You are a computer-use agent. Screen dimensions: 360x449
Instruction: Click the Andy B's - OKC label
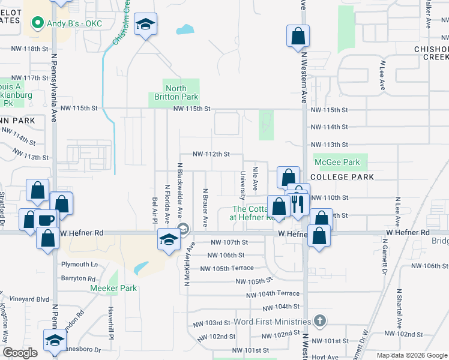pyautogui.click(x=75, y=23)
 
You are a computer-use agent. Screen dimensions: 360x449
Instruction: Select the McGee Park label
pyautogui.click(x=337, y=162)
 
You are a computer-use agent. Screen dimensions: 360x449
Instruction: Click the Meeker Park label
pyautogui.click(x=113, y=288)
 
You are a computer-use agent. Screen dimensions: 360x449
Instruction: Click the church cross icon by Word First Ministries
pyautogui.click(x=320, y=321)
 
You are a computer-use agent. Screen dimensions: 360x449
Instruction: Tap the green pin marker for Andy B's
pyautogui.click(x=37, y=23)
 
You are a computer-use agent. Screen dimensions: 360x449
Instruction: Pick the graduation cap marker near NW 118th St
pyautogui.click(x=145, y=25)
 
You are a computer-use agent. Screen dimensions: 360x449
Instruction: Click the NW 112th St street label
pyautogui.click(x=211, y=154)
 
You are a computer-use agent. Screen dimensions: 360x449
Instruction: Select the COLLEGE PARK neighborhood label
pyautogui.click(x=344, y=177)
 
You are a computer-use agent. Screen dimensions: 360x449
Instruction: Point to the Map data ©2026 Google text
pyautogui.click(x=411, y=355)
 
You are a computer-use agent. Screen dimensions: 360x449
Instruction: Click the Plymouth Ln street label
pyautogui.click(x=79, y=264)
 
